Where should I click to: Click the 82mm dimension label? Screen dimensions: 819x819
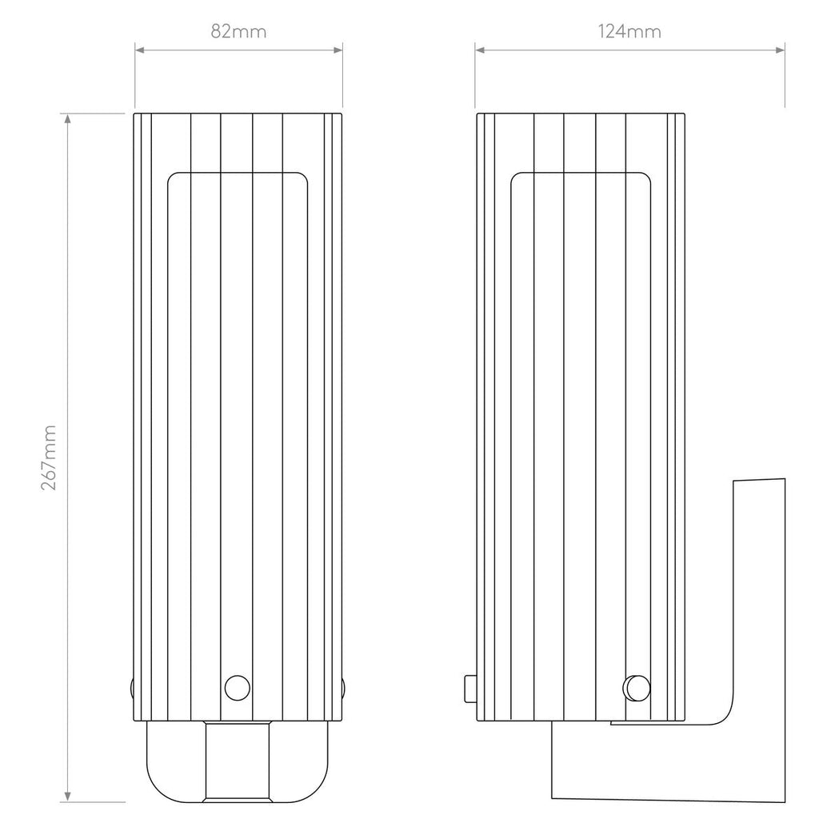click(238, 32)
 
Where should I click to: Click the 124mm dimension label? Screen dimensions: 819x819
click(629, 32)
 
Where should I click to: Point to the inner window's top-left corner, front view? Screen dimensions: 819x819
click(170, 176)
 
